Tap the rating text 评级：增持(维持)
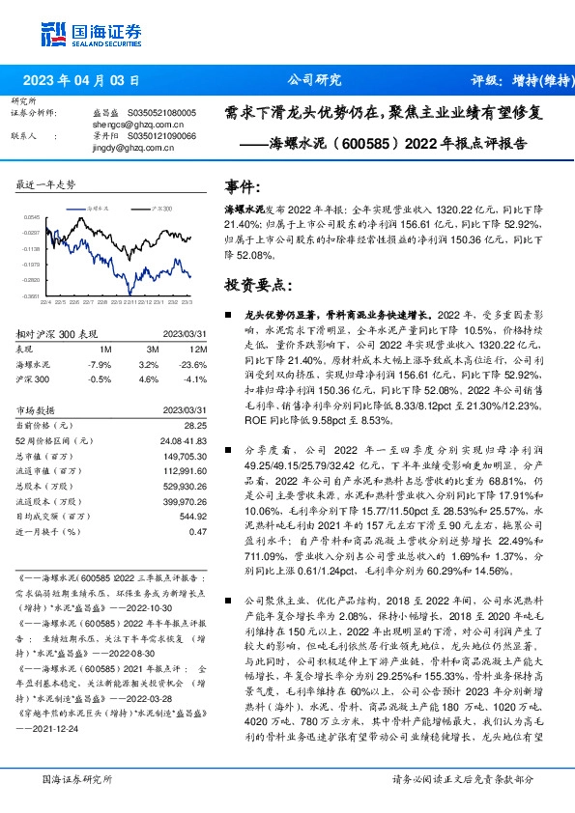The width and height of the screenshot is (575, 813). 518,81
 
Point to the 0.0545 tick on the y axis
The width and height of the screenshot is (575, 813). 32,218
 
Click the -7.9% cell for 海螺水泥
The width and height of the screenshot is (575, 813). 100,364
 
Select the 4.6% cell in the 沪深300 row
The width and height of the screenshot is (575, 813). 149,379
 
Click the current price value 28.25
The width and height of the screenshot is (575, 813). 195,425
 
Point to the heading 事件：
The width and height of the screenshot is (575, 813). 243,185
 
